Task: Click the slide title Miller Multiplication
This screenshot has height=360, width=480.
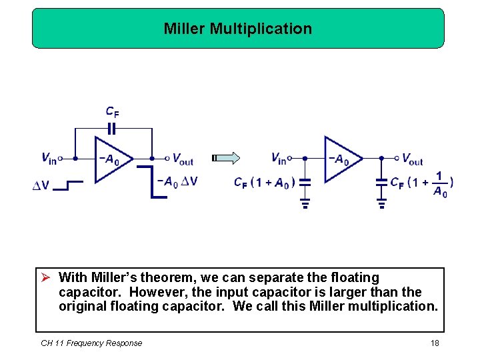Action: point(238,29)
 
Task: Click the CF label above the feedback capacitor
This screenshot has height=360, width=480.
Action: point(113,113)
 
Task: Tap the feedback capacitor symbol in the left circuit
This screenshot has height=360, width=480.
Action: point(114,128)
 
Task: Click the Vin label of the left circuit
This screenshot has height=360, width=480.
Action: point(49,159)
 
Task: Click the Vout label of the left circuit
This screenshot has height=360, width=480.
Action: point(182,159)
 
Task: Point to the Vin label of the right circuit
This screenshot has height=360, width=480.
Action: point(279,159)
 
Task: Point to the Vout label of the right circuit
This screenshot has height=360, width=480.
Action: point(412,159)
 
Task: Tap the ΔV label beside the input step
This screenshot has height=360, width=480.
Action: point(41,185)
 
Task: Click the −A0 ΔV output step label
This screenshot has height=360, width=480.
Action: point(177,181)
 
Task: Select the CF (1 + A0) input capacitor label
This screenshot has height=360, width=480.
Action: point(264,182)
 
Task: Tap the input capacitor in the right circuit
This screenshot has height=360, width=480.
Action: point(305,181)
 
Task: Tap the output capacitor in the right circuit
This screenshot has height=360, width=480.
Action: point(382,181)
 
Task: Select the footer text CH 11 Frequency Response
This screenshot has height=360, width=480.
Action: point(91,343)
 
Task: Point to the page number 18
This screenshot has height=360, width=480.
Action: point(434,343)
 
